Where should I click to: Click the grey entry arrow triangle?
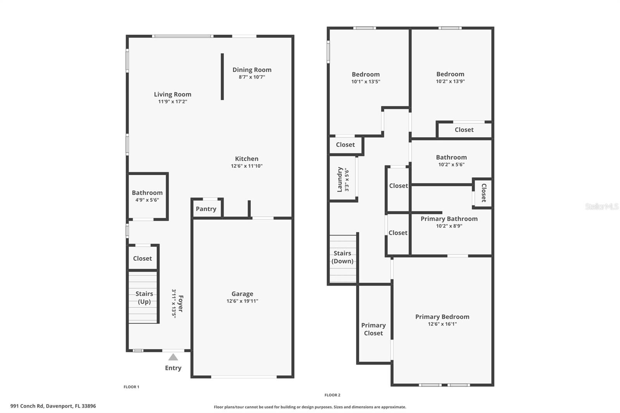click(173, 357)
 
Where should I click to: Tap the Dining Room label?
click(252, 70)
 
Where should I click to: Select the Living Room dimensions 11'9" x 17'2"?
click(172, 102)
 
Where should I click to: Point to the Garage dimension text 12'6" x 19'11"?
click(242, 301)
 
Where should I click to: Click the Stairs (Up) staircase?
click(143, 298)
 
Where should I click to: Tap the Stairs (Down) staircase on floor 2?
click(343, 258)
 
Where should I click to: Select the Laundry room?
click(343, 179)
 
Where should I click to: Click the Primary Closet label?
click(373, 329)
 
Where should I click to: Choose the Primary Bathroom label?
click(449, 219)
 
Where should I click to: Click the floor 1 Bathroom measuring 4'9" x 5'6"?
click(147, 196)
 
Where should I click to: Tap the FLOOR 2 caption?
click(332, 395)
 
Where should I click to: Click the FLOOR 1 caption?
click(131, 387)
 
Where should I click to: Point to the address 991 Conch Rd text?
click(53, 406)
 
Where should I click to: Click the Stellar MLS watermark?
click(601, 206)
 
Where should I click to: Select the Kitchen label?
click(246, 158)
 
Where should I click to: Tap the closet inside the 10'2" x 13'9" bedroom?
click(464, 130)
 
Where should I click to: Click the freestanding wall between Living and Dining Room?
click(222, 76)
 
